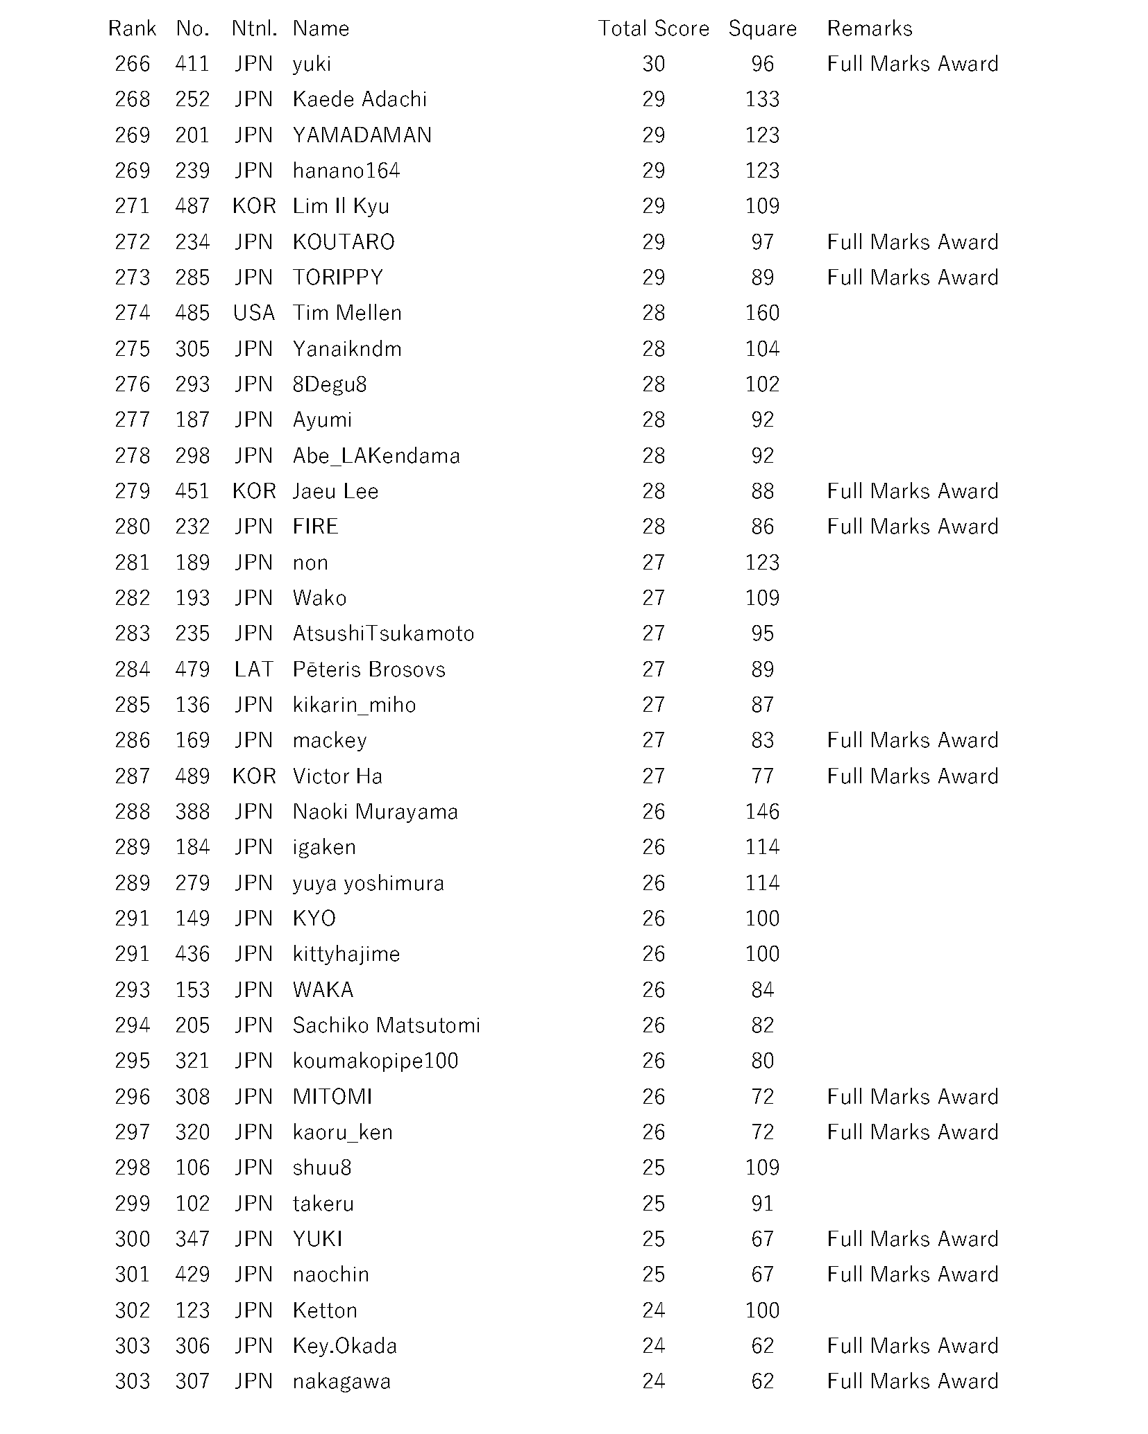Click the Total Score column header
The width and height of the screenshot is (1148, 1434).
653,28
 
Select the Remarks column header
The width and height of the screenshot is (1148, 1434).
869,28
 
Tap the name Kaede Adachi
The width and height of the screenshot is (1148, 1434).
360,99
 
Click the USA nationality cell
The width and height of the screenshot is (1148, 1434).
254,313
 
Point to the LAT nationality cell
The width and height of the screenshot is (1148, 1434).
254,669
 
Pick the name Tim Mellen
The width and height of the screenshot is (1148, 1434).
347,313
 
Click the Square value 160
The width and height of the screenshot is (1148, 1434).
762,313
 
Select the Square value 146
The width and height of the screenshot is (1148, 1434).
762,812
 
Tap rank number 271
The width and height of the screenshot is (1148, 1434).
133,206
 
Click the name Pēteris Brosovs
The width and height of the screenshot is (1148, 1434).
369,669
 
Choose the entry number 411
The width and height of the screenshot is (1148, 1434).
192,64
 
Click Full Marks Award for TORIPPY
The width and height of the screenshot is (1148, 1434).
912,278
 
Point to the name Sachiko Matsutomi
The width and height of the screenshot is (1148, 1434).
386,1025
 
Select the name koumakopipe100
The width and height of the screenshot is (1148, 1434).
375,1061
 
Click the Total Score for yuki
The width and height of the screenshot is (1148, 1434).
653,64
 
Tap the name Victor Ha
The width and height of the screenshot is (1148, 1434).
337,776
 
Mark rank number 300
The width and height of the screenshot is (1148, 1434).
133,1239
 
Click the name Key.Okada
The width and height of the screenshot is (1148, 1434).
345,1346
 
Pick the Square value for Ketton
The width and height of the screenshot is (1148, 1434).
762,1311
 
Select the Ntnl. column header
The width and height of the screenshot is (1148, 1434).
254,28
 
